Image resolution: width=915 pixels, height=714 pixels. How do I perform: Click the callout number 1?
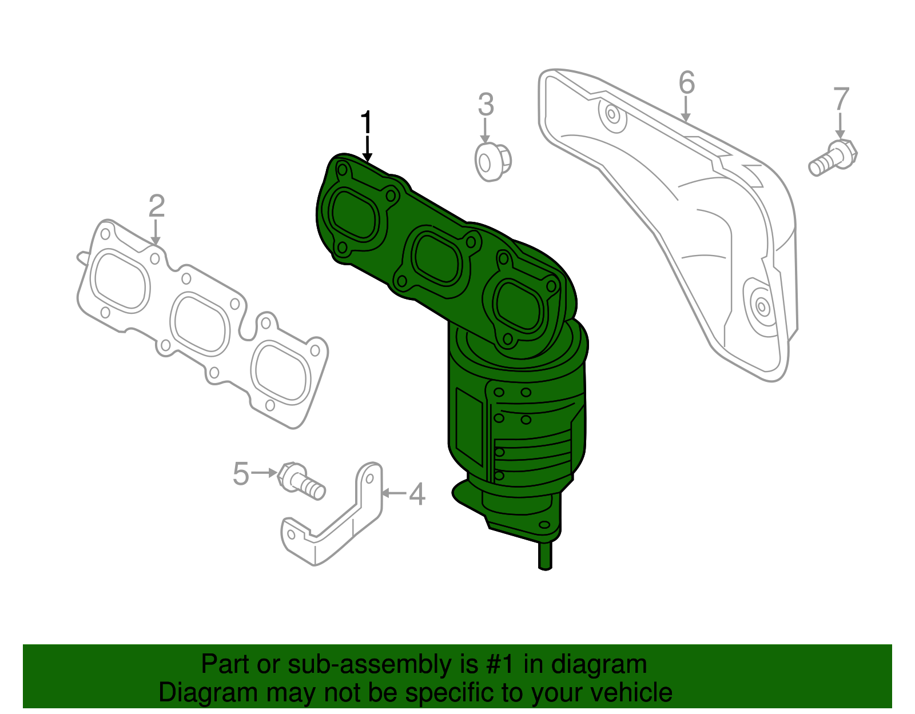coord(366,123)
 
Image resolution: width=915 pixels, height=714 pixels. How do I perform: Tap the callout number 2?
coord(157,206)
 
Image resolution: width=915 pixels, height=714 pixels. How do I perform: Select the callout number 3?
coord(486,105)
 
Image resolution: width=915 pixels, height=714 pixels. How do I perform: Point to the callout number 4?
coord(417,494)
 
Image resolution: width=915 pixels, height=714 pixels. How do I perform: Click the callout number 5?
coord(241,474)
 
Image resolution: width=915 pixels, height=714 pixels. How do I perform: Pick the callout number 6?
coord(686,83)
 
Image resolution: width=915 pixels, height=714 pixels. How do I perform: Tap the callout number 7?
coord(841,99)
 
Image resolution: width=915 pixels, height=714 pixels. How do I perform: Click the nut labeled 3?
coord(492,162)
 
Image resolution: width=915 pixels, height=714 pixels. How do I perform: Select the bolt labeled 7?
coord(834,158)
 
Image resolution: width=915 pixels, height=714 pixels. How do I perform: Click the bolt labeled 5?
coord(301,481)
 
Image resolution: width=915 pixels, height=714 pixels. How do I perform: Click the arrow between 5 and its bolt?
coord(264,473)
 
